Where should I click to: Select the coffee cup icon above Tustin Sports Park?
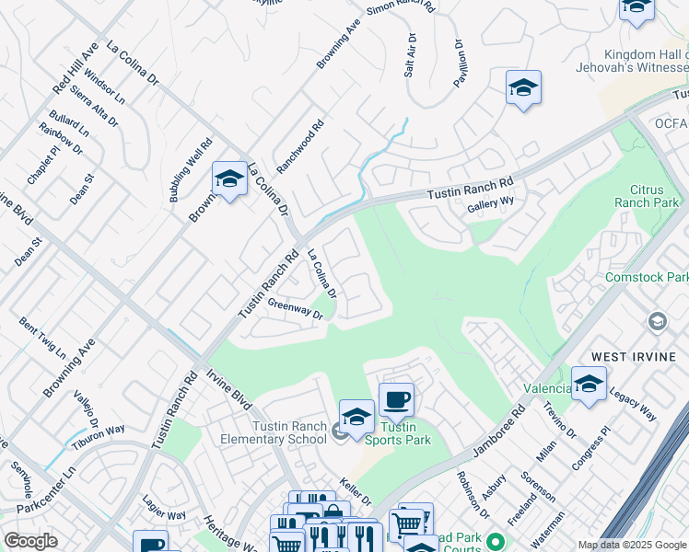(396, 399)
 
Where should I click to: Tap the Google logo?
(30, 541)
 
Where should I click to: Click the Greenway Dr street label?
(296, 309)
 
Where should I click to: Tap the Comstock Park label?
(647, 277)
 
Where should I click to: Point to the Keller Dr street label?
(355, 491)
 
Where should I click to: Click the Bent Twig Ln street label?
(42, 338)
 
